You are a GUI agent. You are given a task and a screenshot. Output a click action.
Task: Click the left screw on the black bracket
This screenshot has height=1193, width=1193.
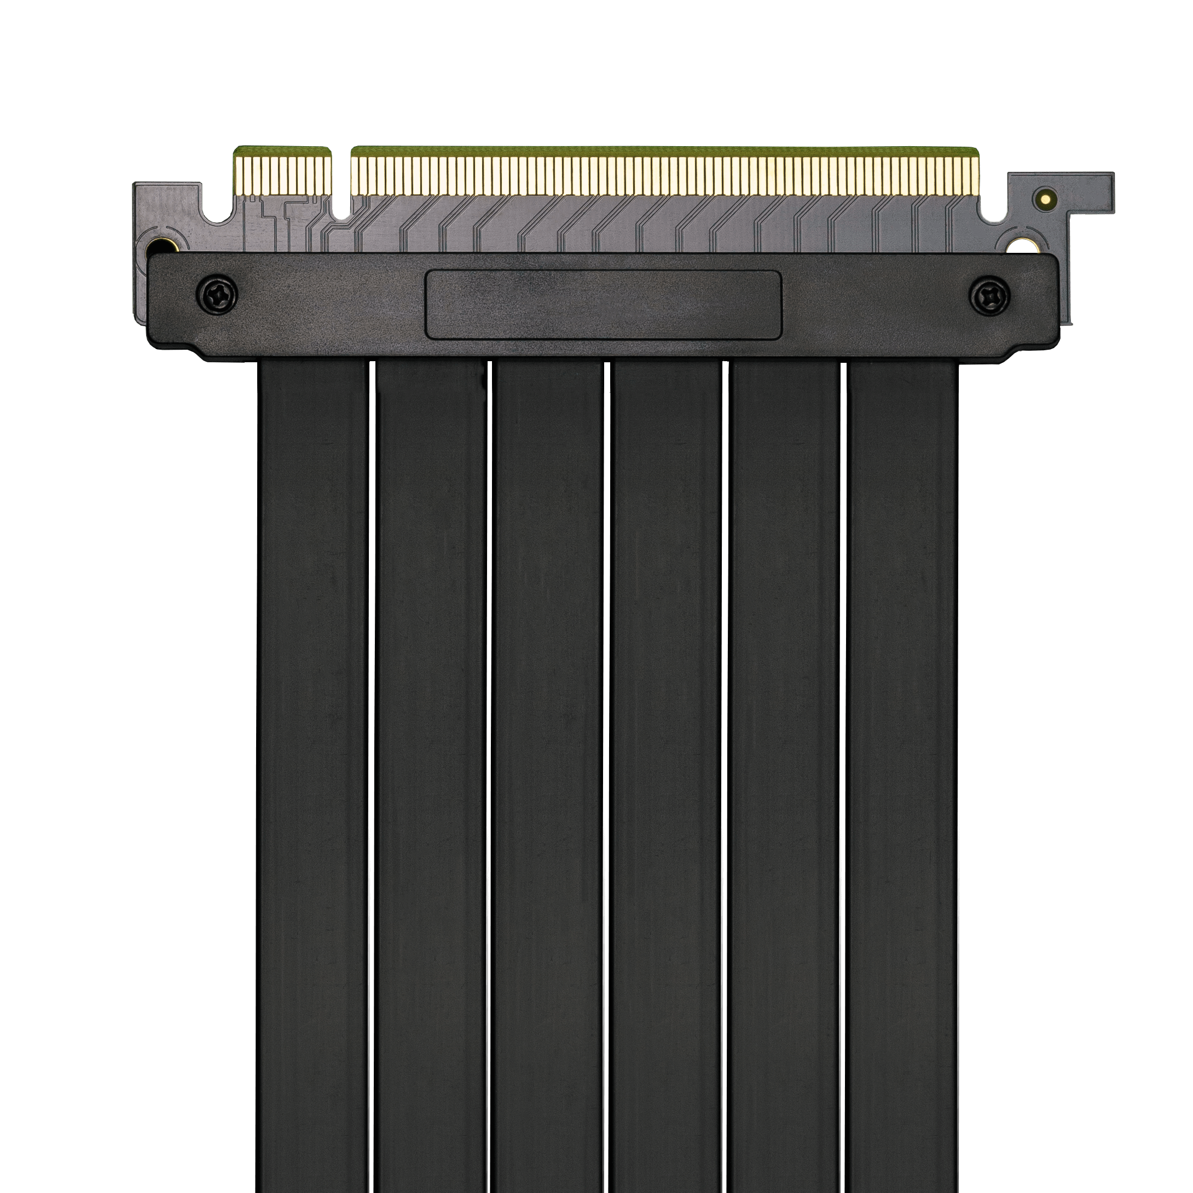pyautogui.click(x=216, y=294)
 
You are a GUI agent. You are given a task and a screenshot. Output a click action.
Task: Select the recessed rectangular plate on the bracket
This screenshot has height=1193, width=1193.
pyautogui.click(x=603, y=304)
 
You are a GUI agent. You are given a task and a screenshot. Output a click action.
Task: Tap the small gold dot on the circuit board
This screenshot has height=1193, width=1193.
pyautogui.click(x=1045, y=199)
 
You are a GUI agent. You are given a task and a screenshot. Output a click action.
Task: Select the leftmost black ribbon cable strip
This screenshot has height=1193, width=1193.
pyautogui.click(x=313, y=741)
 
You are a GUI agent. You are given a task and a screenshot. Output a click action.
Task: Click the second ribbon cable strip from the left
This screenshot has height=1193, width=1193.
pyautogui.click(x=430, y=741)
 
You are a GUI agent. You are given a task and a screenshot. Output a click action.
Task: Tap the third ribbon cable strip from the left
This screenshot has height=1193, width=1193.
pyautogui.click(x=548, y=741)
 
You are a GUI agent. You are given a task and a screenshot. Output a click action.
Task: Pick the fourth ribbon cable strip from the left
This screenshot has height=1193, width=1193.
pyautogui.click(x=667, y=741)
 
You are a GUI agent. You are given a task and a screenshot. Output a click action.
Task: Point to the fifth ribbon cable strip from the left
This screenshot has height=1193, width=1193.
pyautogui.click(x=784, y=741)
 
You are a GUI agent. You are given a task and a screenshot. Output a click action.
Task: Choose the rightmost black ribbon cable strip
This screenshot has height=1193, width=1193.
pyautogui.click(x=902, y=741)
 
